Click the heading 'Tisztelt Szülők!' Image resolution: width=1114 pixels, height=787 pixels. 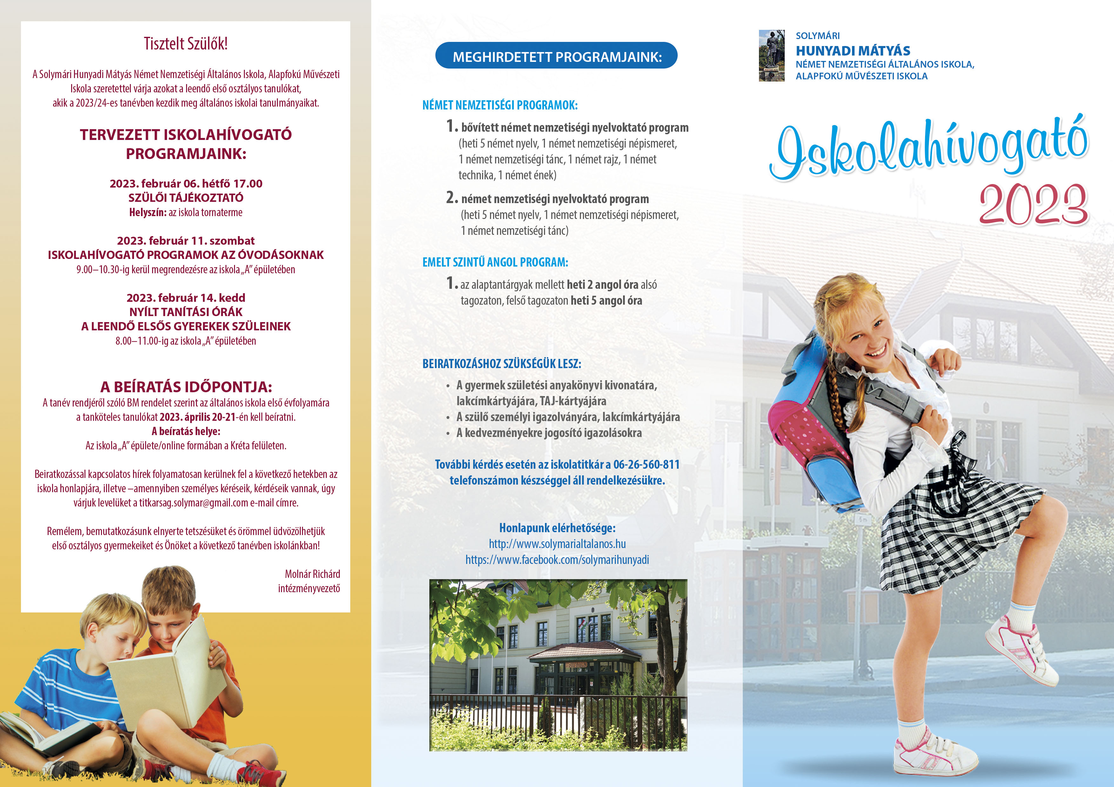(x=185, y=44)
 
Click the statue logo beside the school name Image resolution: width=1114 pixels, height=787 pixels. (x=771, y=56)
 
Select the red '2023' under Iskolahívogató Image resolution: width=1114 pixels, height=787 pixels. (x=1033, y=205)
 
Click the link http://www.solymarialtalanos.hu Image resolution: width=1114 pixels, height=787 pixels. (x=557, y=544)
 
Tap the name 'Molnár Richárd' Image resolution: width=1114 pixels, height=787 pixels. (x=312, y=574)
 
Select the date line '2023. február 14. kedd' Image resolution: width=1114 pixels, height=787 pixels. (x=186, y=298)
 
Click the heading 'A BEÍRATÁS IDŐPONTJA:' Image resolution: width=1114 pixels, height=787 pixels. (x=186, y=387)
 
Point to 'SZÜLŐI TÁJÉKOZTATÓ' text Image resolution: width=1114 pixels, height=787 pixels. (x=186, y=198)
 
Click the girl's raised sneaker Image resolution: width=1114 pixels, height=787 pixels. (x=1024, y=650)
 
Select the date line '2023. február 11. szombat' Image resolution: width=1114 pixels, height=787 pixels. (x=186, y=241)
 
